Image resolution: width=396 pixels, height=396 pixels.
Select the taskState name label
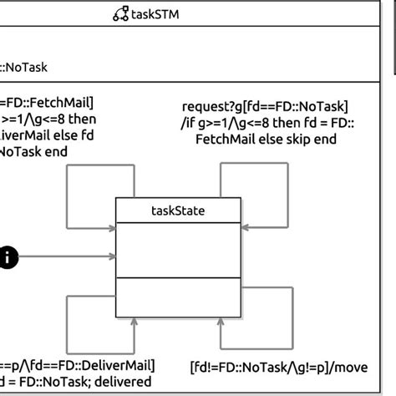(178, 211)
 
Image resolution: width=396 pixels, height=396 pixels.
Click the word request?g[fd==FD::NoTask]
(265, 106)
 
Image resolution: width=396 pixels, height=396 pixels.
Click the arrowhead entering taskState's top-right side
(245, 226)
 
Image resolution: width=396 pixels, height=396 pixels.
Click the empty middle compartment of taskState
(178, 251)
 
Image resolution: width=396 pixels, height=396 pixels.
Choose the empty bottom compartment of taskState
(178, 297)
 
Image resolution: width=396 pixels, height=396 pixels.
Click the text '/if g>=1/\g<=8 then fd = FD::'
(265, 123)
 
